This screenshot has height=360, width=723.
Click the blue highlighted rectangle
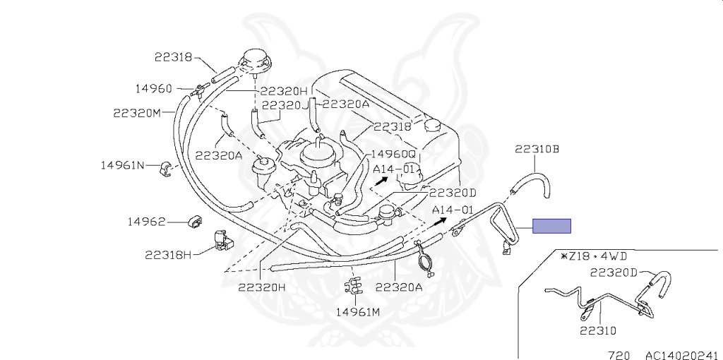(551, 226)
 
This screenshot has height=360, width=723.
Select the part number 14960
(153, 88)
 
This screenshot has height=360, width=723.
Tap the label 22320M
(137, 112)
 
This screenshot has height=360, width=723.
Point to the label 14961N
(122, 165)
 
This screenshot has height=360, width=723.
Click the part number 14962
(146, 222)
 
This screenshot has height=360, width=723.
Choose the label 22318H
(168, 254)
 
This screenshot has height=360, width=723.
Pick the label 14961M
(357, 311)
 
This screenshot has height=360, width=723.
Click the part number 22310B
(537, 149)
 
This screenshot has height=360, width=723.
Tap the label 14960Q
(393, 154)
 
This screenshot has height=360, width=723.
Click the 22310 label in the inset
(598, 330)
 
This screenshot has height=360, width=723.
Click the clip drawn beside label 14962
(193, 222)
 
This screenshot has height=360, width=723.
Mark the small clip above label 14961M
(351, 284)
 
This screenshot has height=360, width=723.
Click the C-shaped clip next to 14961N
(167, 167)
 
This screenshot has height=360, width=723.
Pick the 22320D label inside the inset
(614, 272)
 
